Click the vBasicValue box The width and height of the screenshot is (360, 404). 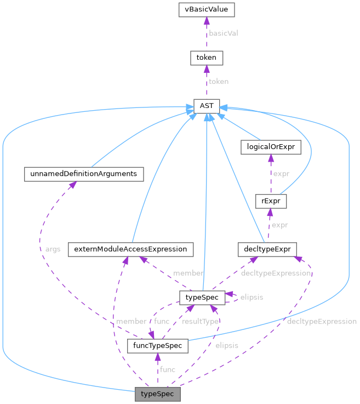click(206, 9)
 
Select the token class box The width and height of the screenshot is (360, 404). click(206, 57)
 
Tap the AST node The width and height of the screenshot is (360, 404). click(206, 105)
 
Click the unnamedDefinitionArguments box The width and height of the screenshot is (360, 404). click(84, 174)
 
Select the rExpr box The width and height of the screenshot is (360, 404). click(271, 201)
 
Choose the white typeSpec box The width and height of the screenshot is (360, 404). click(202, 297)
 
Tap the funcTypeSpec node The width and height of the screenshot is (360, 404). click(158, 346)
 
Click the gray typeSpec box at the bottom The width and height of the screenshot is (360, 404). click(157, 394)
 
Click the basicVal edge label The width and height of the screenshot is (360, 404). click(224, 33)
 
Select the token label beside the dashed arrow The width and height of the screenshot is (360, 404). click(219, 81)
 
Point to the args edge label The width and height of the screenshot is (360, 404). click(53, 249)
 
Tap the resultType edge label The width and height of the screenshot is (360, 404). click(201, 321)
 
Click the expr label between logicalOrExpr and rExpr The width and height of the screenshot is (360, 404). click(281, 174)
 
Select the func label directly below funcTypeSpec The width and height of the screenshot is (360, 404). click(168, 369)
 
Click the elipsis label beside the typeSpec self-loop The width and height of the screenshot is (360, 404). click(252, 297)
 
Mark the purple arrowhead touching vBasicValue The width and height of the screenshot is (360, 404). click(206, 20)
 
